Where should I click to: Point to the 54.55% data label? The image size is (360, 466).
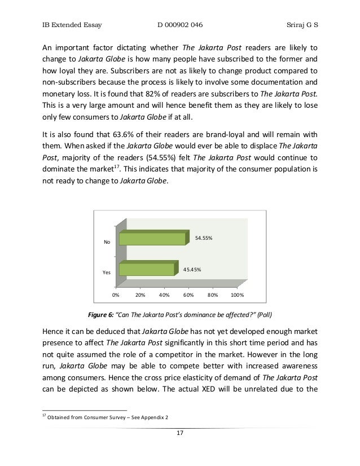point(204,238)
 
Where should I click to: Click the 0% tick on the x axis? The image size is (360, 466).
point(115,294)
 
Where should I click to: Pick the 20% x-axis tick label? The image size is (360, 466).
point(141,294)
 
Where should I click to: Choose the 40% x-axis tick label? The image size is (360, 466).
point(165,294)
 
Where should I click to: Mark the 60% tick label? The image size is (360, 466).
point(189,294)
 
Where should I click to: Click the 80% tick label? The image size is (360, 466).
point(213,294)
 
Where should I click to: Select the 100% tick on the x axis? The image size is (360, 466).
point(238,294)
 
